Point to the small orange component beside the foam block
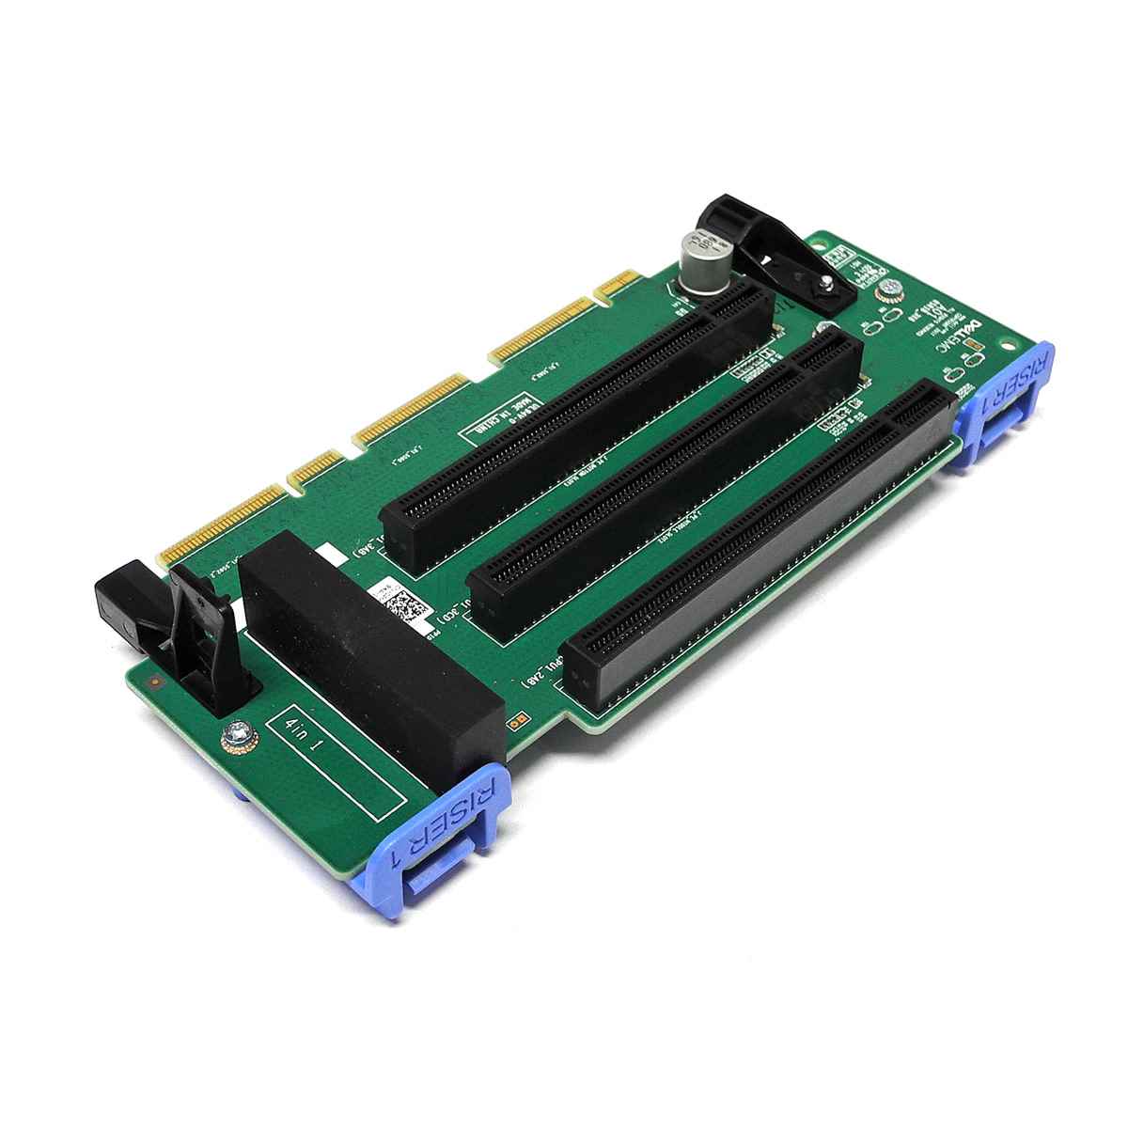pyautogui.click(x=514, y=725)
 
